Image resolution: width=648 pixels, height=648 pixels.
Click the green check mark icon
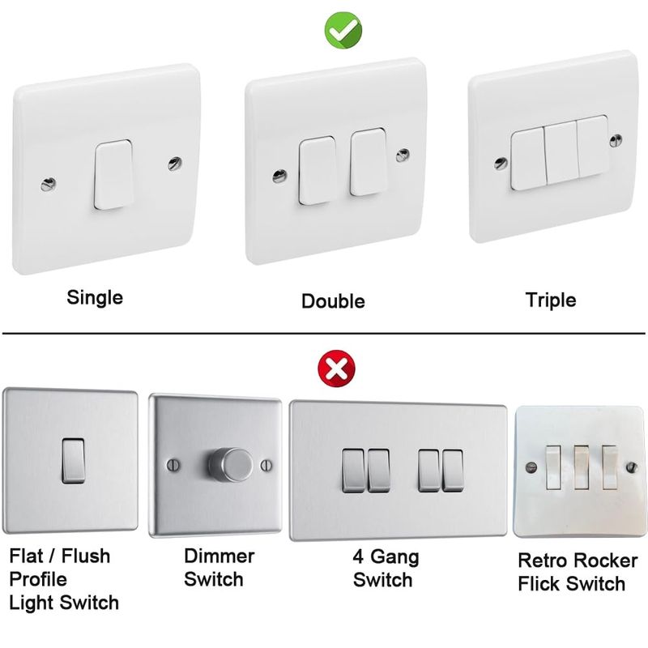coord(343,30)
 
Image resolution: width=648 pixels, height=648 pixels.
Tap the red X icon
coord(336,369)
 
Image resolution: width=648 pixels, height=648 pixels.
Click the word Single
coord(95,297)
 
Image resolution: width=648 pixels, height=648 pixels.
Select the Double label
coord(333,301)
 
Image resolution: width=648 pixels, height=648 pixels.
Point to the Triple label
coord(551,300)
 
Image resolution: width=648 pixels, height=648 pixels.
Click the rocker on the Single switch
coord(113,174)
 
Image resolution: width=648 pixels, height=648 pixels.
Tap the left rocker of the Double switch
coord(318,170)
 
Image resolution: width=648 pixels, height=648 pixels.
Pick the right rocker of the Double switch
coord(369,162)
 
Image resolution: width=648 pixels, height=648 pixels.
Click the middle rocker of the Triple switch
coord(561,152)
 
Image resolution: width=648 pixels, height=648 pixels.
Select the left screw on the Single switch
coord(49,185)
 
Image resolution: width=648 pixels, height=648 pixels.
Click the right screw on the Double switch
coord(403,155)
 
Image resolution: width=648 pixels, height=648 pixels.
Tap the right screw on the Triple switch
coord(616,140)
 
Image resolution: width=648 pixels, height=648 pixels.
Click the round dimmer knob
coord(231,464)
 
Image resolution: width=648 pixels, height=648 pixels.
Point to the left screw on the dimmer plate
coord(173,465)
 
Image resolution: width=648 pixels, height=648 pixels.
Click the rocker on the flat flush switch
coord(74,460)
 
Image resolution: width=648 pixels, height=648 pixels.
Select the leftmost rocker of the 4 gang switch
coord(353,471)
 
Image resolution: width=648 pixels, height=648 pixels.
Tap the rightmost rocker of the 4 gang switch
coord(453,471)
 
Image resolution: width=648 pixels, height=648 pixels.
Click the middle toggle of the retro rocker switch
coord(581,467)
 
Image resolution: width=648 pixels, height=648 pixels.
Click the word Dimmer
coord(219,556)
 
